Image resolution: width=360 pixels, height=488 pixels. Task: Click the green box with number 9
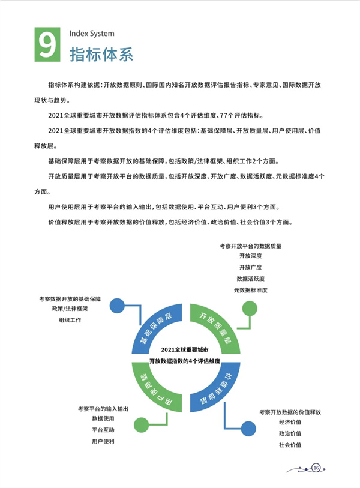[47, 44]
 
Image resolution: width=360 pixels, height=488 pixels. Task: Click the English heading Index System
[92, 34]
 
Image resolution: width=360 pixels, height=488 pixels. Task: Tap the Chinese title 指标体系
[101, 55]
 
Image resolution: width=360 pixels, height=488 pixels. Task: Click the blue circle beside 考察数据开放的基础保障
[117, 306]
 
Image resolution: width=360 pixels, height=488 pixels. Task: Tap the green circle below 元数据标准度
[250, 309]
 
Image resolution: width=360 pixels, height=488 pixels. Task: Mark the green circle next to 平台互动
[141, 425]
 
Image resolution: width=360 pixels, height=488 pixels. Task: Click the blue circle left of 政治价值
[248, 429]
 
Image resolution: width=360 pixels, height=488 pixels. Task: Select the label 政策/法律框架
[70, 309]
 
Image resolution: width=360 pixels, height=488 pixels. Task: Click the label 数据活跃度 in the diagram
[250, 279]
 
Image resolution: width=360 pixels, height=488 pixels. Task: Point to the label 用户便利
[103, 441]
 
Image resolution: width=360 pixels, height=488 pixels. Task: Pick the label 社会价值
[290, 445]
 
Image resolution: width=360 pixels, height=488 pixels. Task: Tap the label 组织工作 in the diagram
[70, 320]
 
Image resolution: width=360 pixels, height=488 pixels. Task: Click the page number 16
[316, 468]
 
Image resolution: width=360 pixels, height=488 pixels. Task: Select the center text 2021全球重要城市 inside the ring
[185, 350]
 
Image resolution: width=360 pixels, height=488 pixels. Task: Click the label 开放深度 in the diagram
[250, 256]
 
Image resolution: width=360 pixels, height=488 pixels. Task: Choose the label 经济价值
[290, 422]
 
